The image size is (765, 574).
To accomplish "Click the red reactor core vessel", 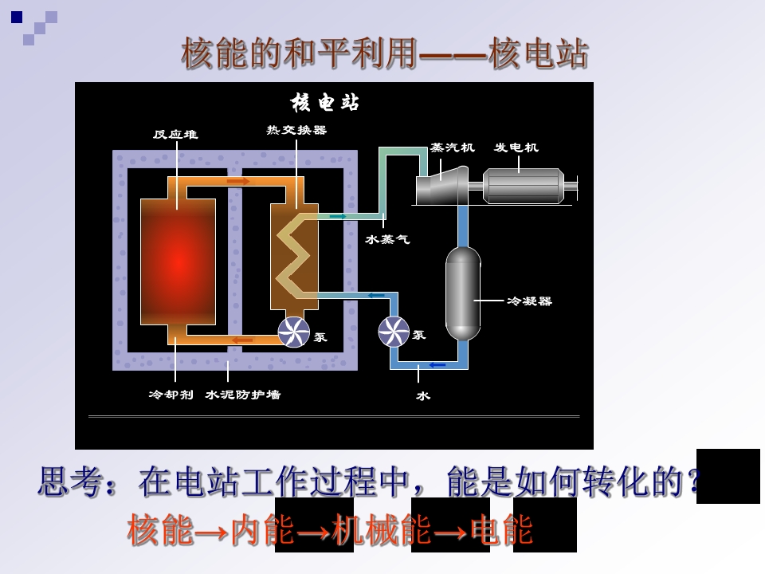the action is pos(178,261).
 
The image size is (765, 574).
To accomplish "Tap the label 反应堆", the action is pos(175,134).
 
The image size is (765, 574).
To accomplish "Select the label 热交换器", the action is pos(296,130).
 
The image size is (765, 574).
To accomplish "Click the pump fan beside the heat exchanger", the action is pos(294,332).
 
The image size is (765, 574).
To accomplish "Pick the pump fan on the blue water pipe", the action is pos(394,332).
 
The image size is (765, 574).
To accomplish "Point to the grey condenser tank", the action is pos(463,293).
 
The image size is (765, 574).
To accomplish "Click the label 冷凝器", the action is pos(529,301).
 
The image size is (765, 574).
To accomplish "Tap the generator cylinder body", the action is pos(524,186).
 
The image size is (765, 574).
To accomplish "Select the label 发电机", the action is pos(516,147).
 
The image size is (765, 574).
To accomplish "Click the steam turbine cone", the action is pos(441,186).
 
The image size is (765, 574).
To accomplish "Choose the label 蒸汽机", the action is pos(453,147).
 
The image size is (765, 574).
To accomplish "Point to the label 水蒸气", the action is pos(388,239).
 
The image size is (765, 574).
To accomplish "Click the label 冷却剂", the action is pos(171,395).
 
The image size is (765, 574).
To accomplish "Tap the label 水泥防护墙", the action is pos(243,395).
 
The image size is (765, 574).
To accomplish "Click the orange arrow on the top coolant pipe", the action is pos(238,182).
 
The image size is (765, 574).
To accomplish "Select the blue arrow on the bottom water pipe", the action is pos(437,364).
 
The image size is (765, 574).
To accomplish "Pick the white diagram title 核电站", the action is pos(325,103).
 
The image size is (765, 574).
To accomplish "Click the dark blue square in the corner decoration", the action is pos(17,18).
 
